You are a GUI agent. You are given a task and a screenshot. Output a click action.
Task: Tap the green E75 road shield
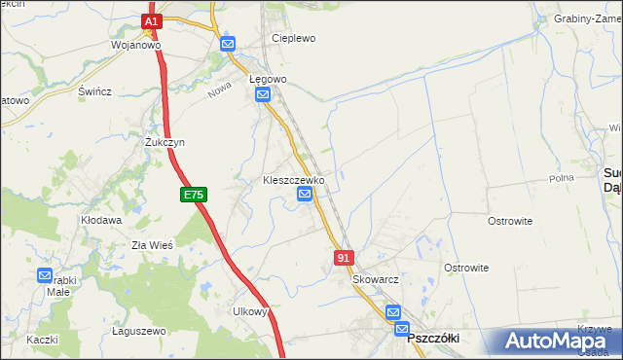coord(193,196)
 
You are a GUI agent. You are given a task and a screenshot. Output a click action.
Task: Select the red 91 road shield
coord(343,257)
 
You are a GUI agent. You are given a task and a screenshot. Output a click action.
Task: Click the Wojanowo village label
coord(135,45)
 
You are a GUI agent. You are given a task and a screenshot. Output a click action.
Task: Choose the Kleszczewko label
coord(294,180)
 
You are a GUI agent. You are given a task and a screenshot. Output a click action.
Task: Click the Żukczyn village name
coord(165,142)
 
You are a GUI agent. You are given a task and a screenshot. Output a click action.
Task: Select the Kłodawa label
coord(101,221)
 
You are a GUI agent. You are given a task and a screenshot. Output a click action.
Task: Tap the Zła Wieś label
coord(152,245)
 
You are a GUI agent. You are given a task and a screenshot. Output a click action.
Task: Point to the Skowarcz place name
coord(377,279)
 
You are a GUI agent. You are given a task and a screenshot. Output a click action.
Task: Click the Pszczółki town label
coord(432,337)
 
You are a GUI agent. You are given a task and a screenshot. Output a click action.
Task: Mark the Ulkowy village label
coord(250,311)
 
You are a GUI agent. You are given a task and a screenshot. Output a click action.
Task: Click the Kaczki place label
coord(43,339)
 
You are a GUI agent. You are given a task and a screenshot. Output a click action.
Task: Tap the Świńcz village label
coord(94,91)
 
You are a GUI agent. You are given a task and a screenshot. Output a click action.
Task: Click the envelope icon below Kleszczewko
coord(305,196)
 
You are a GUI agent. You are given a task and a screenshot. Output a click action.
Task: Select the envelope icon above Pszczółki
coord(393,312)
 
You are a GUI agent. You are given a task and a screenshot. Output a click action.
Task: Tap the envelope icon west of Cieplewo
coord(228,44)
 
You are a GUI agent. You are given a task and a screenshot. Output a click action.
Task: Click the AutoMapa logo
coord(551,342)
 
